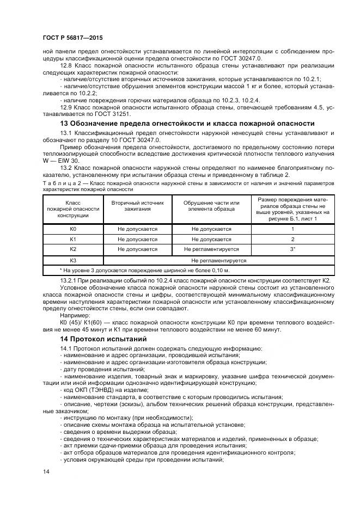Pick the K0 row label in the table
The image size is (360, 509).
(73, 229)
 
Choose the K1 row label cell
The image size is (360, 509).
(73, 239)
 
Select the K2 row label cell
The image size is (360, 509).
(73, 249)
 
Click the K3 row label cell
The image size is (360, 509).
(73, 260)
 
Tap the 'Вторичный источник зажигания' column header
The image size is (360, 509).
(137, 205)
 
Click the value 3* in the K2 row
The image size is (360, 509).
(292, 249)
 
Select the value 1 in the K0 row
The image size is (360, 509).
(292, 229)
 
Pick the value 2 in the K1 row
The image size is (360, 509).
(292, 239)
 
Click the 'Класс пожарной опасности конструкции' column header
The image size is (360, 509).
(73, 208)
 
